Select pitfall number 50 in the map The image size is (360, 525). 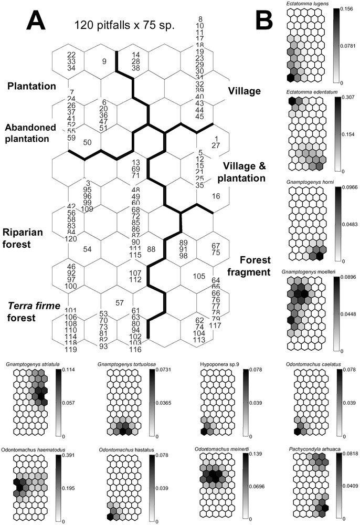click(x=88, y=142)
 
